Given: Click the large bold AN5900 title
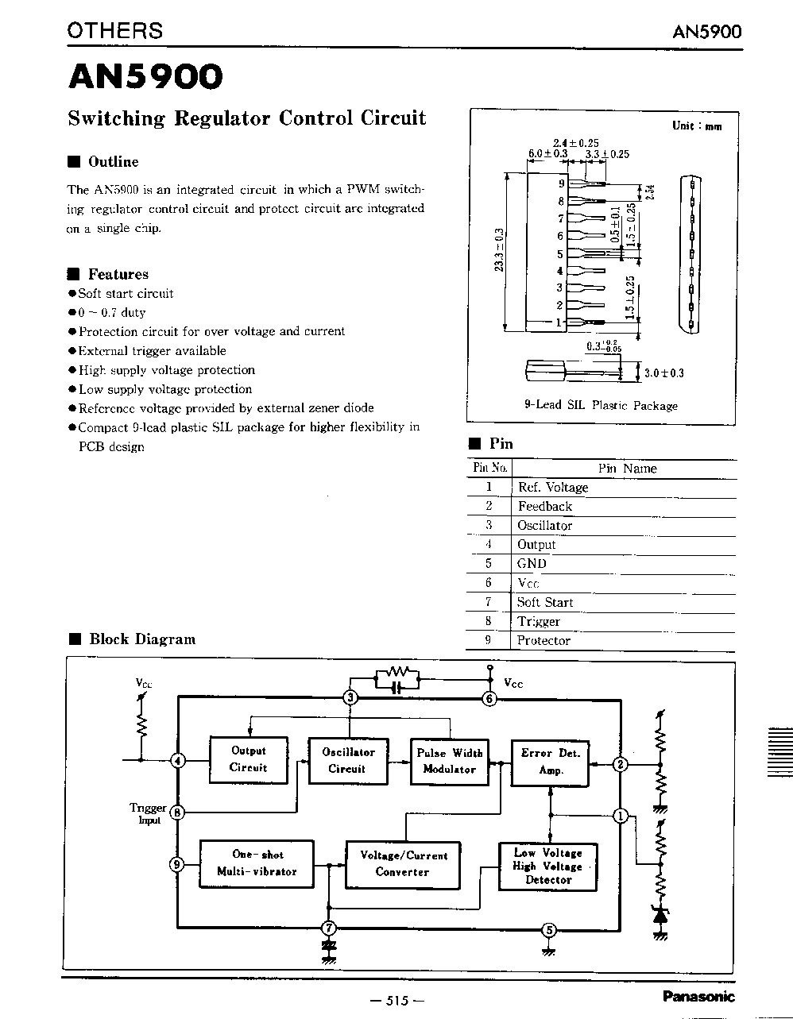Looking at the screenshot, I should (x=145, y=76).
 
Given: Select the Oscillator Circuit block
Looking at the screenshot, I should (x=347, y=760).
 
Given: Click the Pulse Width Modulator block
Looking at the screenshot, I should (x=449, y=761).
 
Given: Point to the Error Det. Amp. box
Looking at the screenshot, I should (x=551, y=761).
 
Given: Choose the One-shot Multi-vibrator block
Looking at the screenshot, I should (x=257, y=863).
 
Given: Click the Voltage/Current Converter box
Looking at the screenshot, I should (x=404, y=863).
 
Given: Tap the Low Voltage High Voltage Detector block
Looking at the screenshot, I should (x=547, y=866).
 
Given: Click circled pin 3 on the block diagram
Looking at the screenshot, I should (x=349, y=698).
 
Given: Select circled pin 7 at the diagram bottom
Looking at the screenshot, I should (x=327, y=927).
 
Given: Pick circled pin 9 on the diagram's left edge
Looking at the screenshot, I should (x=177, y=864).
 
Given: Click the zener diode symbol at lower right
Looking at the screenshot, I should (x=659, y=913).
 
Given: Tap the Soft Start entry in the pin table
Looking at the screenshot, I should (x=544, y=602).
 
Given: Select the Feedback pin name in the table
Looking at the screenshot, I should (x=544, y=506).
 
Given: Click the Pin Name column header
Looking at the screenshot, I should (x=627, y=469).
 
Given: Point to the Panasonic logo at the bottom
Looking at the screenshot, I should (x=697, y=996).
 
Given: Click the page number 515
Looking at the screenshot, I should (x=396, y=1000).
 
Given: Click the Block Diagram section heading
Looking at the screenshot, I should (x=141, y=639).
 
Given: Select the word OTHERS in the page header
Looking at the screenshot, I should (x=115, y=30).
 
